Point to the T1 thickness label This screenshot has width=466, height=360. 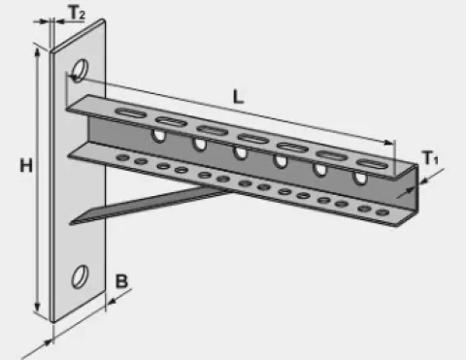432,158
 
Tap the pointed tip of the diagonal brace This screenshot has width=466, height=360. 73,222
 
